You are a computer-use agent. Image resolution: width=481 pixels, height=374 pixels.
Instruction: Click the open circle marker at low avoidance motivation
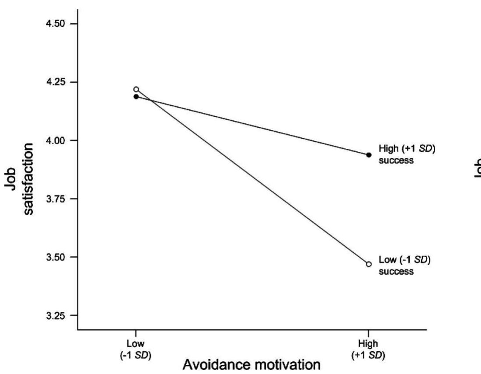pyautogui.click(x=136, y=89)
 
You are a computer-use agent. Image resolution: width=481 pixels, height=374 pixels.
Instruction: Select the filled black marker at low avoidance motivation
pyautogui.click(x=136, y=97)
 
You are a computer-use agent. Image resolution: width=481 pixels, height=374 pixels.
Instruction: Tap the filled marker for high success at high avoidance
pyautogui.click(x=369, y=155)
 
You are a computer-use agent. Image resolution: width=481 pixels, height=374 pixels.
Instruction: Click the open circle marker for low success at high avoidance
pyautogui.click(x=369, y=264)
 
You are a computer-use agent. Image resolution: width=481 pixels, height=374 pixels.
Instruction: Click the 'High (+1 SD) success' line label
pyautogui.click(x=407, y=154)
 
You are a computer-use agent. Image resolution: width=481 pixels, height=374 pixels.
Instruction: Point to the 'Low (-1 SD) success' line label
pyautogui.click(x=404, y=266)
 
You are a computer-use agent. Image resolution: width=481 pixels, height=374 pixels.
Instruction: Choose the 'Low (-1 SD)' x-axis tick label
pyautogui.click(x=136, y=350)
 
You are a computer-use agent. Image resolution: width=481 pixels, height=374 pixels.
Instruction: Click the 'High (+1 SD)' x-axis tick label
pyautogui.click(x=369, y=350)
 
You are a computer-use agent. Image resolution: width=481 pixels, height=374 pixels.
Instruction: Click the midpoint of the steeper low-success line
pyautogui.click(x=252, y=177)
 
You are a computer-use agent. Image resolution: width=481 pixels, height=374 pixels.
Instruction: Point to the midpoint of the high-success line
pyautogui.click(x=252, y=126)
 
